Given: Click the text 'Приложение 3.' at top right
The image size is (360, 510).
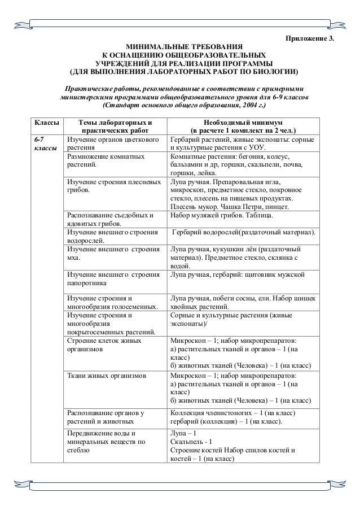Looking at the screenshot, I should coord(307,38).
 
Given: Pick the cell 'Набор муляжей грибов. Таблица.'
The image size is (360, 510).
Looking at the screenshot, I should coord(222,216).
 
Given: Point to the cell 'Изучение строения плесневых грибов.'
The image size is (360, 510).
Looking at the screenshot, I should coord(107,187).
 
